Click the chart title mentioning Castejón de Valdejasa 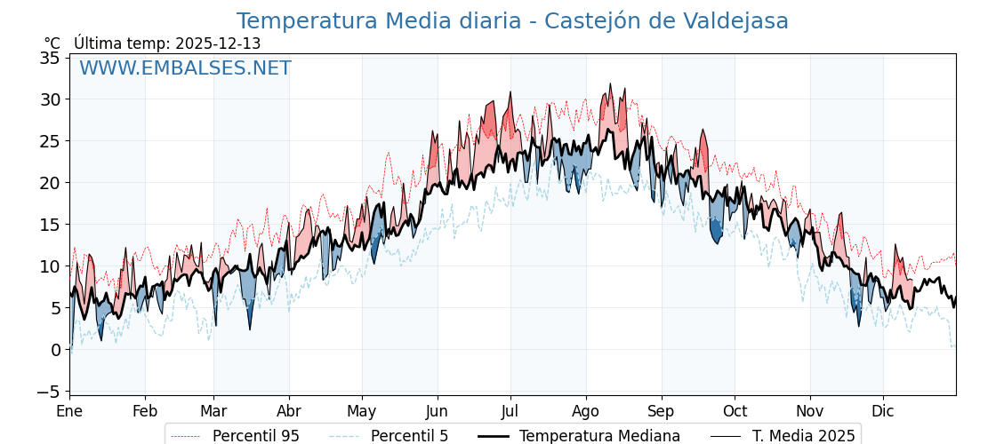[x=512, y=21]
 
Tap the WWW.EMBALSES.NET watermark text [x=185, y=68]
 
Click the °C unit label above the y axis [x=52, y=44]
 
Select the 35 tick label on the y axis [x=50, y=58]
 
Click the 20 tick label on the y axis [x=50, y=183]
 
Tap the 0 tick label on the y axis [x=55, y=350]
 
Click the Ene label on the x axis [x=69, y=411]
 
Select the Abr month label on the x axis [x=289, y=411]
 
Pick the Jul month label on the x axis [x=510, y=411]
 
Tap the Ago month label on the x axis [x=586, y=411]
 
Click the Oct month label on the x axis [x=735, y=411]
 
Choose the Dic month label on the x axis [x=883, y=411]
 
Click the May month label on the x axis [x=362, y=411]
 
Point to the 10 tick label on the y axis [x=50, y=266]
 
